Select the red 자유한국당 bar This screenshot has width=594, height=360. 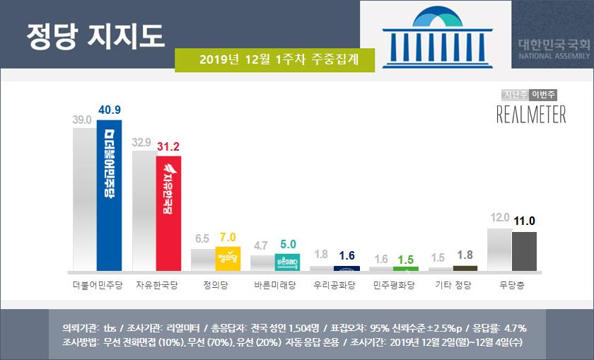tap(168, 213)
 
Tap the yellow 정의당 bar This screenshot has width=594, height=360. tap(228, 258)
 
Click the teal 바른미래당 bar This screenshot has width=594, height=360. tap(287, 262)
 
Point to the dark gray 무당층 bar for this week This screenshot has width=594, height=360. tap(524, 251)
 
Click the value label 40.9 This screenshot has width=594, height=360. tap(109, 110)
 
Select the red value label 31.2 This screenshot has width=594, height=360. tap(168, 146)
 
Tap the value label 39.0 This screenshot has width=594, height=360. tap(83, 120)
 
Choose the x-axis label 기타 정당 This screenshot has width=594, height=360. tap(453, 286)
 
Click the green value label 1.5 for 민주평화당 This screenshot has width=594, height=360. tap(406, 260)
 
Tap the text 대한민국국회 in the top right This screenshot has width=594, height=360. tap(554, 45)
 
